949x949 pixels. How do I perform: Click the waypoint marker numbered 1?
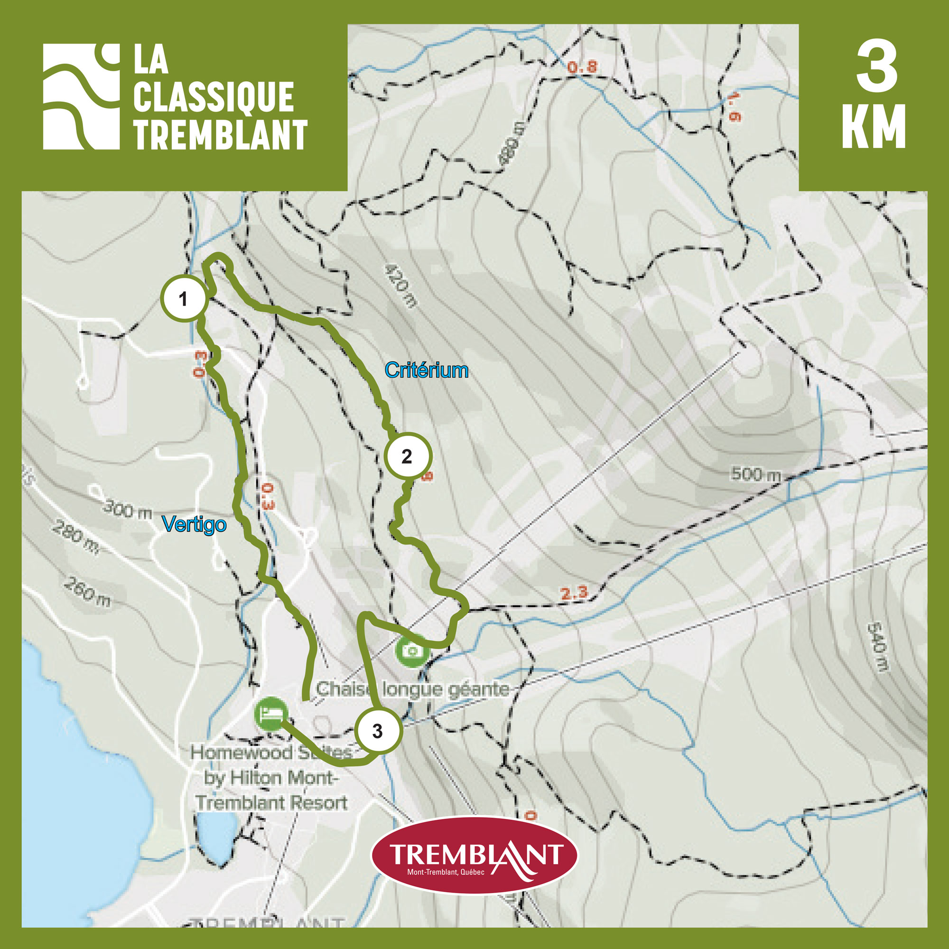click(x=183, y=298)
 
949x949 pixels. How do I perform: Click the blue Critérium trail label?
click(x=427, y=370)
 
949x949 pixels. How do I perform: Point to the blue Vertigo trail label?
click(x=195, y=524)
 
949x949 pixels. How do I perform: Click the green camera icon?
click(x=413, y=651)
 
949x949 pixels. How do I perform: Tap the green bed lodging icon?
click(x=270, y=713)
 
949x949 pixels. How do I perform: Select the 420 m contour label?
click(x=400, y=285)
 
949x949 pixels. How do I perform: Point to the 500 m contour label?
click(x=755, y=474)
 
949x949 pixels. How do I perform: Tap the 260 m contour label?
click(x=87, y=591)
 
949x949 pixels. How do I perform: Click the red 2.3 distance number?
click(x=574, y=593)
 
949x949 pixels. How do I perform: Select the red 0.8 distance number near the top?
click(x=583, y=66)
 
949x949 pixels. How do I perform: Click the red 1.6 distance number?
click(x=734, y=107)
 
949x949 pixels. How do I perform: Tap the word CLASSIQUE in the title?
click(x=214, y=97)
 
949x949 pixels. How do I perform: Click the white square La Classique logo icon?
click(x=81, y=97)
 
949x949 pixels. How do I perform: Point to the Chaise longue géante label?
click(x=413, y=689)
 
